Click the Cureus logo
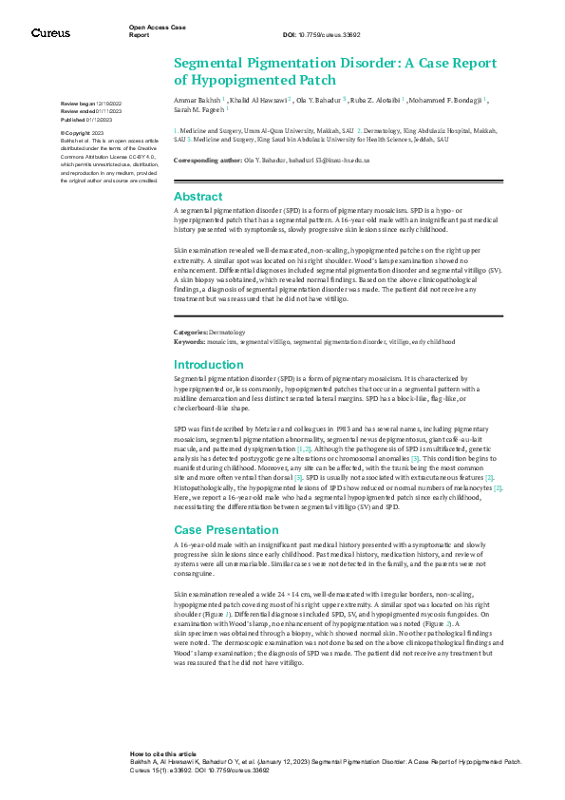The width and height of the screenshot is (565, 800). [x=50, y=32]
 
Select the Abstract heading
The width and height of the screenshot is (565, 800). [x=198, y=196]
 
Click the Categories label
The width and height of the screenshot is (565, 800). [x=190, y=332]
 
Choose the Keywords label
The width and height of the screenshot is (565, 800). [x=189, y=339]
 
